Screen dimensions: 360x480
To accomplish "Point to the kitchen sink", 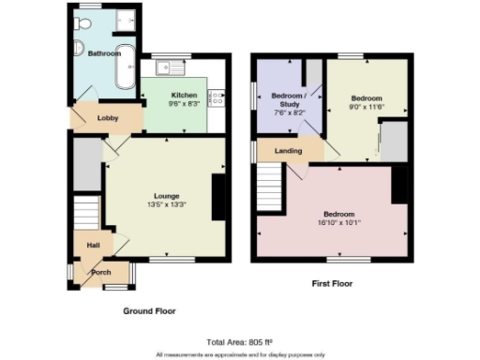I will click(x=174, y=67).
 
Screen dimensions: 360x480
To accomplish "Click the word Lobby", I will click(x=108, y=117).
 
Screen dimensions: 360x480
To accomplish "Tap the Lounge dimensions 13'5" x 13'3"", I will click(x=167, y=204).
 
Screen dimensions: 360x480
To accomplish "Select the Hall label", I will click(x=94, y=245).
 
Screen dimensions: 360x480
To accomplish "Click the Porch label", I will click(x=100, y=273).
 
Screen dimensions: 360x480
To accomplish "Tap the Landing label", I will click(x=287, y=150).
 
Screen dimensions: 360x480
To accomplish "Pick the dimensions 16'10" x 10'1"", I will click(x=338, y=222).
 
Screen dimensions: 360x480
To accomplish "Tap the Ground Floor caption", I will click(x=149, y=310).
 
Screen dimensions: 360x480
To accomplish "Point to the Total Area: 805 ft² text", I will click(x=239, y=341).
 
